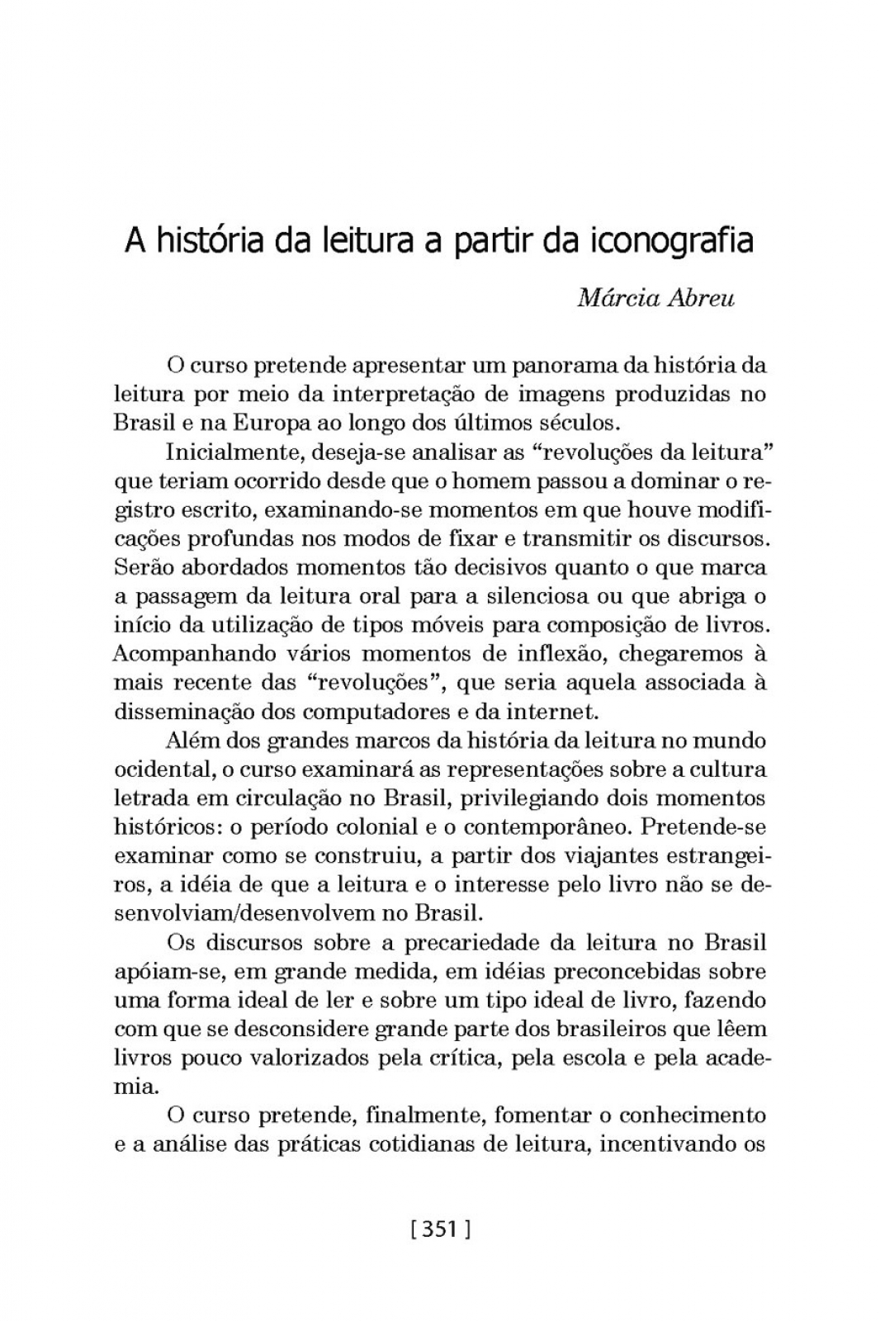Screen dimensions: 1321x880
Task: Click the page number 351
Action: click(x=440, y=1229)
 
